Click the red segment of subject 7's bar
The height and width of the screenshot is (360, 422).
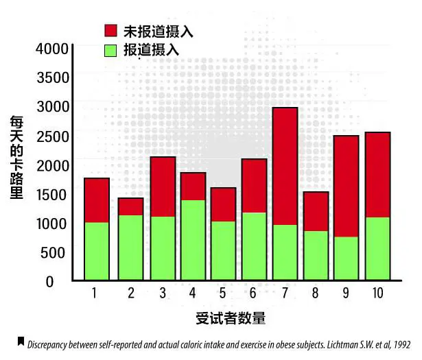point(285,166)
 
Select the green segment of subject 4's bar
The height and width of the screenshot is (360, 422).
point(192,240)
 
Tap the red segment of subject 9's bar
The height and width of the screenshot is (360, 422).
point(346,186)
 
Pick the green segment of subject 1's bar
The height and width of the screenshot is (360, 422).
point(97,251)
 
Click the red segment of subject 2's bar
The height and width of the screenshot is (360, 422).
point(130,206)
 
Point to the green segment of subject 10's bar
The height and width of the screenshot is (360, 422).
point(377,248)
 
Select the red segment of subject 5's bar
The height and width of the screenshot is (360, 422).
point(223,204)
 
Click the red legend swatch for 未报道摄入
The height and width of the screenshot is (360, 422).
point(110,31)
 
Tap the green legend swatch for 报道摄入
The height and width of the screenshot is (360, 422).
point(110,49)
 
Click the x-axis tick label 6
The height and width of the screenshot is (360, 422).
point(254,293)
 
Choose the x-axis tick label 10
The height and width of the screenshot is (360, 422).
point(377,293)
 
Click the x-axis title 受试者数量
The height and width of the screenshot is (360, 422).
point(230,319)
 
